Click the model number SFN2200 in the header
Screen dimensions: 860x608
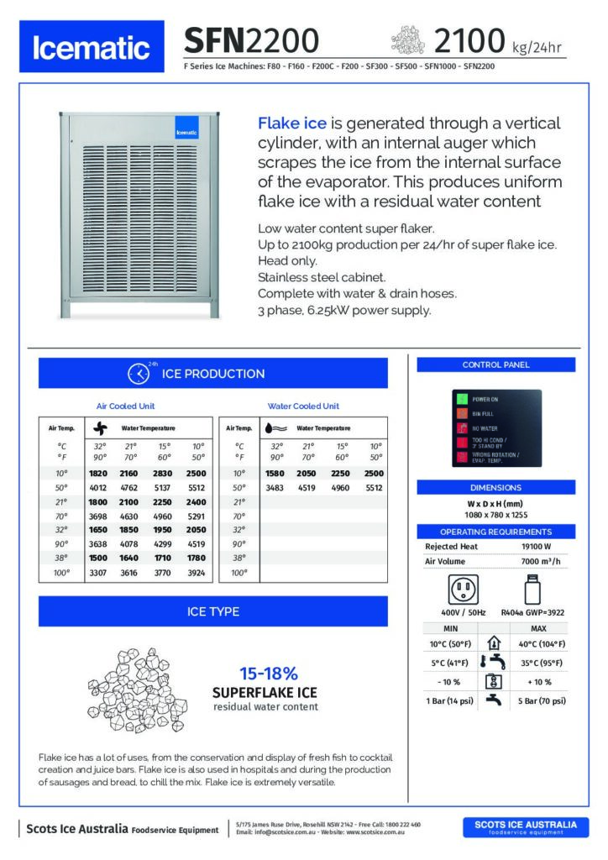tap(251, 39)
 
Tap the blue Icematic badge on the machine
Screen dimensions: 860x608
tap(186, 130)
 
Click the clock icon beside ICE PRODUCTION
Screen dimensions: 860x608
tap(138, 374)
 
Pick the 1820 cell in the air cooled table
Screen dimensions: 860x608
tap(99, 474)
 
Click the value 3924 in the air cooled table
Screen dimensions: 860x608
tap(197, 574)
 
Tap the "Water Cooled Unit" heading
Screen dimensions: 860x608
tap(303, 406)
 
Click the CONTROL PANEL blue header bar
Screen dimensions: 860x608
tap(495, 364)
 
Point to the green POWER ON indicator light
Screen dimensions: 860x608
tap(461, 399)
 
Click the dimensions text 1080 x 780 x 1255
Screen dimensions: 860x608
tap(495, 514)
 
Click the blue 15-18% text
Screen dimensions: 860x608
tap(269, 674)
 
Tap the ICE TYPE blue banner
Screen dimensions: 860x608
tap(213, 611)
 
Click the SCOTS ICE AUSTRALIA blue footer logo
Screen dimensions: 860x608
tap(526, 827)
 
